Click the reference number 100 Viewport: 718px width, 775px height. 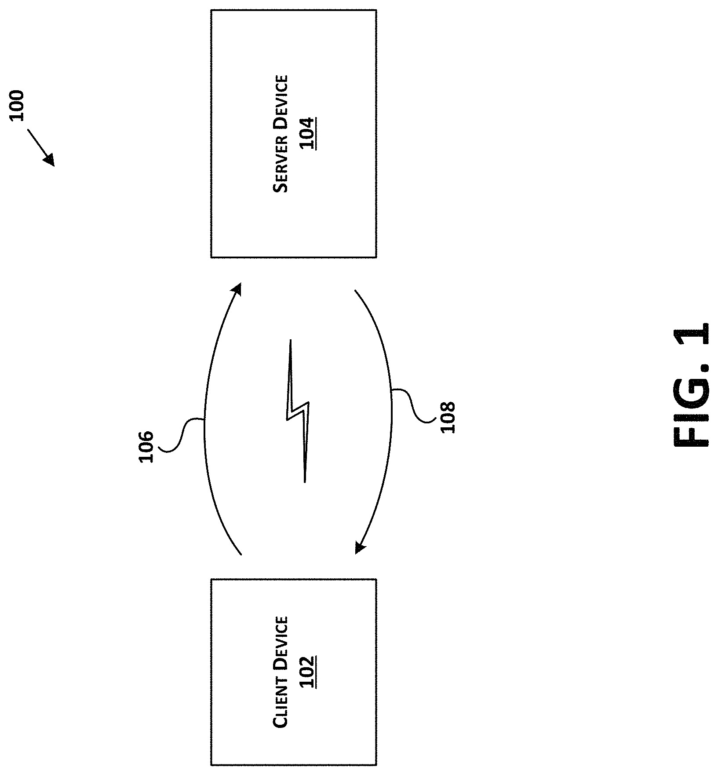(x=18, y=106)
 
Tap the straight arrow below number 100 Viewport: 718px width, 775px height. (x=41, y=147)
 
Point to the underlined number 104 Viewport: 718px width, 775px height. (x=308, y=134)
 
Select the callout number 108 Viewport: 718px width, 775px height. (x=447, y=418)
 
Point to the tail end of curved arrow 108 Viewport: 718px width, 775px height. (x=355, y=290)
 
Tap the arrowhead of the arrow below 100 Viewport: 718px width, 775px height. (x=50, y=160)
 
